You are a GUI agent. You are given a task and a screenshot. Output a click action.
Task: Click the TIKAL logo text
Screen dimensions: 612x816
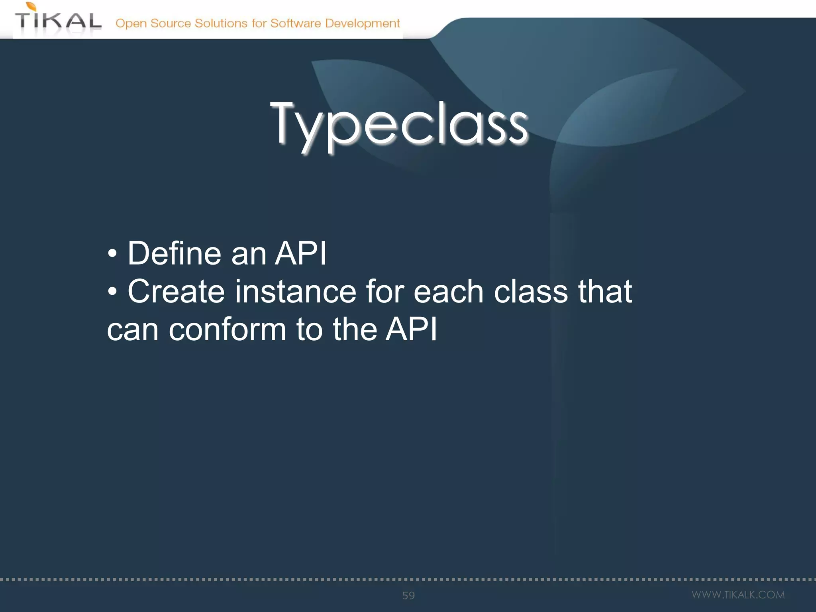tap(58, 21)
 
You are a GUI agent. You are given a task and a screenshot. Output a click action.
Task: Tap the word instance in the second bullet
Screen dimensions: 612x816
tap(295, 291)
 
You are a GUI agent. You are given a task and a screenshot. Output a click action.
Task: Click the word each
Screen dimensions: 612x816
tap(448, 291)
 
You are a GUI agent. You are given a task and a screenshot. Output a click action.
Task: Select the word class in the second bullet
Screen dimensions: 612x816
tap(531, 291)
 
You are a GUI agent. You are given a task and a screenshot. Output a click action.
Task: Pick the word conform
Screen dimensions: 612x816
tap(227, 330)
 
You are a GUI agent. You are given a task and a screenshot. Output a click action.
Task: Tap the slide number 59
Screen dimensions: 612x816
tap(408, 595)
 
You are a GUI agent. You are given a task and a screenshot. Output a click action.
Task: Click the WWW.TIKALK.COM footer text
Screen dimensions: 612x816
tap(738, 595)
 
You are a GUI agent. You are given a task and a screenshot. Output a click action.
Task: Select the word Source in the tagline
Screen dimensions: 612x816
tap(171, 23)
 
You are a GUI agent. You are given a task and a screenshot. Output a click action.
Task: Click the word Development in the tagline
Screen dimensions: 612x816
tap(362, 24)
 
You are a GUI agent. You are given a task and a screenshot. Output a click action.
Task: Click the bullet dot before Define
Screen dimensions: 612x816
tap(112, 254)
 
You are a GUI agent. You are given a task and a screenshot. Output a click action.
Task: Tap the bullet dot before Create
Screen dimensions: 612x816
tap(112, 292)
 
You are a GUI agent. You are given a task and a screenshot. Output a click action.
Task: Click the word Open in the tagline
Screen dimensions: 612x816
tap(131, 24)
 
